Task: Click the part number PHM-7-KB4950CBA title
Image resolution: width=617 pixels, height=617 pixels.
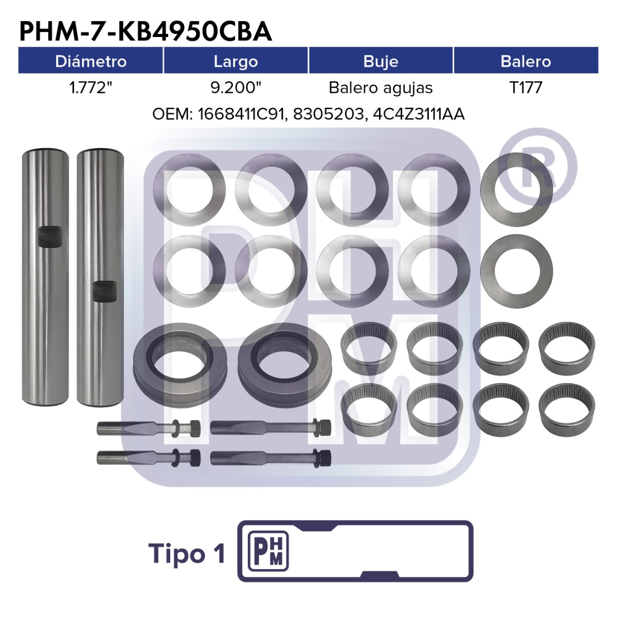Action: (146, 31)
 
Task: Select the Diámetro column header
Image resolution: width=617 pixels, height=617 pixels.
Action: (90, 61)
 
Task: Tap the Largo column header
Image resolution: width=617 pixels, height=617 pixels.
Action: (235, 62)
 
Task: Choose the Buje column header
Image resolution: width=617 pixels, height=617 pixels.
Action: (380, 62)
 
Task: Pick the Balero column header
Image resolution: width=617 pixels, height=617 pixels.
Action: (526, 61)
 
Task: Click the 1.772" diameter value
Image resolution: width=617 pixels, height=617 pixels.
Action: (90, 87)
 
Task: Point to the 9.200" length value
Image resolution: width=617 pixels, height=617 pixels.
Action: (236, 87)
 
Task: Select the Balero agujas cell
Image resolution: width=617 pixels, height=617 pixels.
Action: (380, 88)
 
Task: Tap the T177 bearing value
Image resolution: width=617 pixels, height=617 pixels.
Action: (526, 87)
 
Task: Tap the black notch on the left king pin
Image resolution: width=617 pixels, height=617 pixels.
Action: (50, 237)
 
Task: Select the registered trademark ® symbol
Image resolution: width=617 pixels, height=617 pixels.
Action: (537, 167)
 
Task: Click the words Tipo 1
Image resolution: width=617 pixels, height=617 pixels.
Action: (187, 554)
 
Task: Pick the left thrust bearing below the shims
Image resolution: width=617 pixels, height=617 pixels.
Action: (180, 365)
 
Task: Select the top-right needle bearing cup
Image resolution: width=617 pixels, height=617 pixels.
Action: (567, 349)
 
